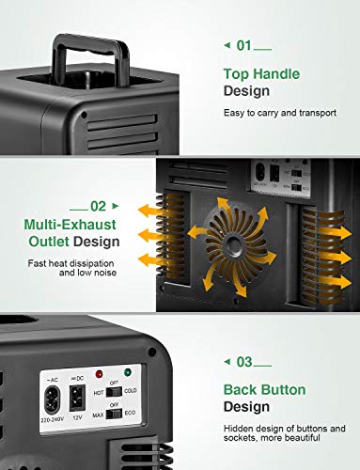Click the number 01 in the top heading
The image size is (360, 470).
(x=244, y=45)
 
